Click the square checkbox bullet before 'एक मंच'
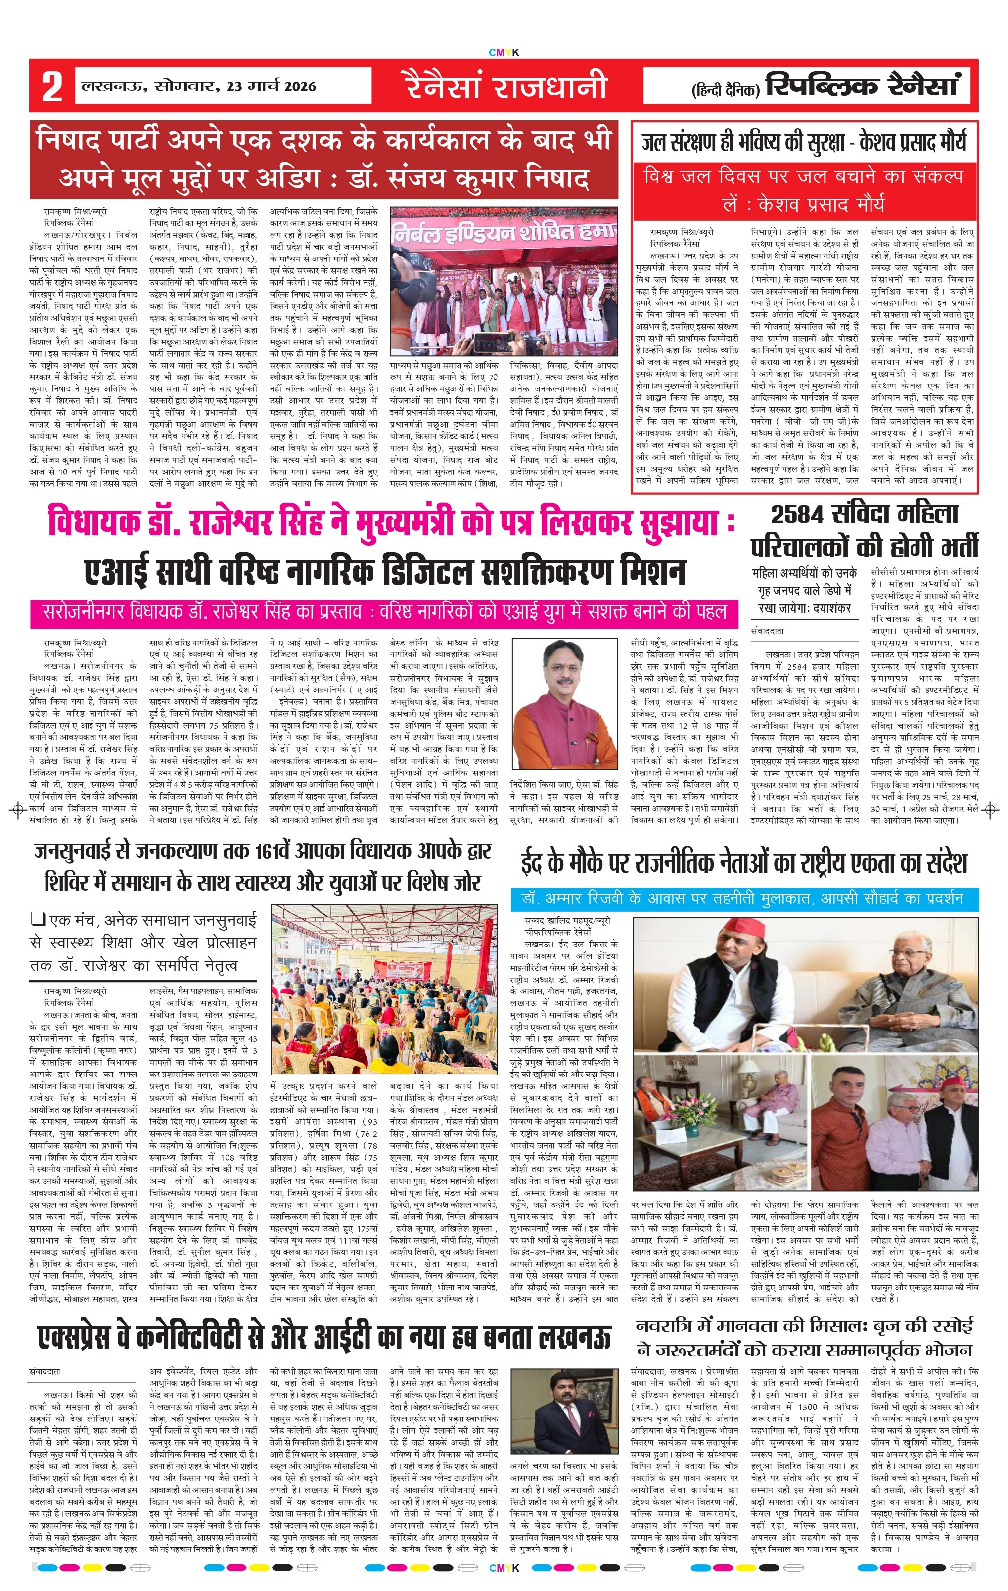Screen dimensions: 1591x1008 pos(37,918)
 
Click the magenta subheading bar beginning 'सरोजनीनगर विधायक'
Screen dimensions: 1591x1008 pos(383,612)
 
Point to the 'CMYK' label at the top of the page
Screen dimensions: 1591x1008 pos(504,53)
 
